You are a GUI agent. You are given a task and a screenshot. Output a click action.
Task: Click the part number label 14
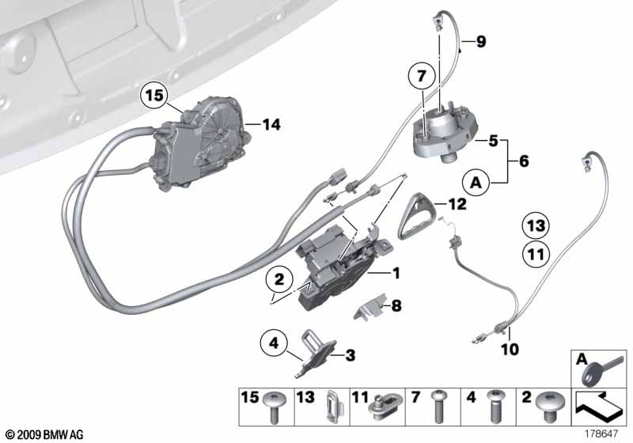click(x=272, y=124)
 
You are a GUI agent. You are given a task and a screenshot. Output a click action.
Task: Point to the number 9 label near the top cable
click(x=481, y=42)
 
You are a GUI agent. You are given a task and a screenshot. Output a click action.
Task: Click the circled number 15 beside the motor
click(x=156, y=97)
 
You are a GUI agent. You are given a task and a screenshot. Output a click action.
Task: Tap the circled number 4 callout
click(x=274, y=344)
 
